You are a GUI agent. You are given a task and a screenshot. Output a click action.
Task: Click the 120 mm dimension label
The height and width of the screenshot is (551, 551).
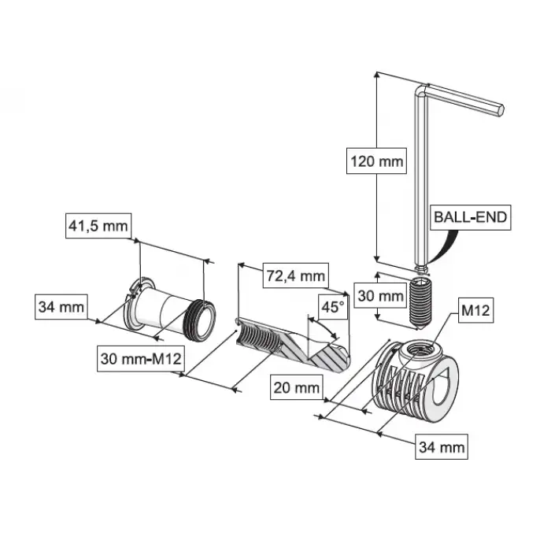click(x=376, y=161)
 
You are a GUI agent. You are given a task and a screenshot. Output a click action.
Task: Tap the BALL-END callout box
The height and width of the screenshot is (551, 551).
click(x=471, y=217)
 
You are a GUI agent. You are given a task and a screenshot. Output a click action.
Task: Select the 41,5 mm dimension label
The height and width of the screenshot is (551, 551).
click(x=98, y=226)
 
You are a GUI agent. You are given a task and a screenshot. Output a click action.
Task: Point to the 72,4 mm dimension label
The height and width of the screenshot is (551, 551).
click(x=295, y=275)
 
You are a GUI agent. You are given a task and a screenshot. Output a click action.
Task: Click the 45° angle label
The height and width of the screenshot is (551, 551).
click(x=333, y=307)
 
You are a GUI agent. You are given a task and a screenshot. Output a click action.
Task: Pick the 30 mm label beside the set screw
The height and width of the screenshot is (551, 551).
click(x=380, y=295)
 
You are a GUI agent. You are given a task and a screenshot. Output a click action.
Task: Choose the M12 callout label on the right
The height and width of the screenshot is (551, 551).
click(x=475, y=310)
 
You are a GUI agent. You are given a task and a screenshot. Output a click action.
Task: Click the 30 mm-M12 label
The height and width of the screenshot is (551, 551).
click(x=141, y=359)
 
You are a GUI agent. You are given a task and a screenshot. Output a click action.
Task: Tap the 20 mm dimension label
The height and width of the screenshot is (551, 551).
click(x=297, y=387)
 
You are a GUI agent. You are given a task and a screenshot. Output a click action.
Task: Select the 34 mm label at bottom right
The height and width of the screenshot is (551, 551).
click(x=442, y=446)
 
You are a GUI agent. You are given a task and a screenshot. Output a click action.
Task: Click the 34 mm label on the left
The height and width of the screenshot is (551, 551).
click(x=61, y=307)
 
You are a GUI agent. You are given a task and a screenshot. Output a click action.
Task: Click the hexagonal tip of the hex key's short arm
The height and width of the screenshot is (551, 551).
click(x=500, y=109)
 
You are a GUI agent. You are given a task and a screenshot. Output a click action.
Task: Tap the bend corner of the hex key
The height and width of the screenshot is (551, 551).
click(x=420, y=89)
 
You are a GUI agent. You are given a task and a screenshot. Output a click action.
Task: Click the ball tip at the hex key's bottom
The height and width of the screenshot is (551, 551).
click(x=421, y=269)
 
